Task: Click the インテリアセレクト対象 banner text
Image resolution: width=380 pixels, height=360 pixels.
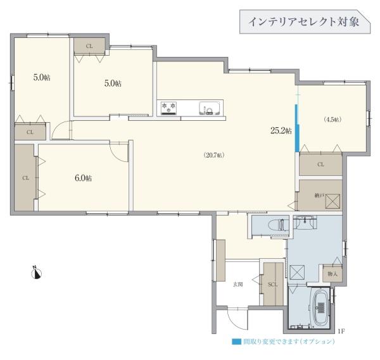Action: tap(303, 22)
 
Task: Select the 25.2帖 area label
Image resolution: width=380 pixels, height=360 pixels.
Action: tap(281, 131)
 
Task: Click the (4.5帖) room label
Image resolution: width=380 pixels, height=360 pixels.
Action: tap(332, 120)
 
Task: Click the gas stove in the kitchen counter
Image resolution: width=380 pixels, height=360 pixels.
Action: tap(169, 108)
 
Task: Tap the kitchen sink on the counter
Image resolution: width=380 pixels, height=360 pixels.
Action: tap(208, 108)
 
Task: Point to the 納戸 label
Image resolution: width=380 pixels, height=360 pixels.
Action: tap(319, 197)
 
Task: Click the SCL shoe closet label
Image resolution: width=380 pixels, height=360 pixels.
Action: tap(273, 284)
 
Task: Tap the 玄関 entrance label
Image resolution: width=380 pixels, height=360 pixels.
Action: tap(237, 284)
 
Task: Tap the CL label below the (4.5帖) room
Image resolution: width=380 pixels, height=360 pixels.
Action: tap(320, 164)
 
